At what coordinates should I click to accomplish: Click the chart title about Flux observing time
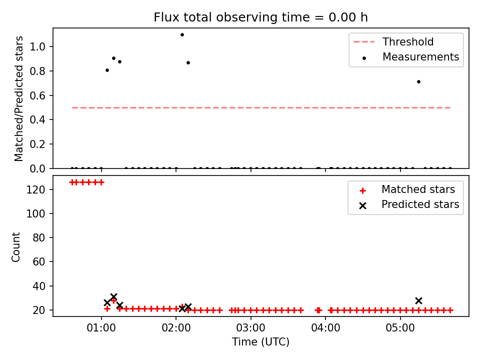(260, 17)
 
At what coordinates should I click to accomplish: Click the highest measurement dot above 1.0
(182, 35)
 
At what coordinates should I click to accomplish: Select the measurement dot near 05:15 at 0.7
(419, 81)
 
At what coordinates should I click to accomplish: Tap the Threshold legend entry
(393, 41)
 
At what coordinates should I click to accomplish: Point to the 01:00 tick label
(101, 328)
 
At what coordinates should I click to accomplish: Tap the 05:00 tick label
(400, 328)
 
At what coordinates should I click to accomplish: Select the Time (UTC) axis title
(260, 342)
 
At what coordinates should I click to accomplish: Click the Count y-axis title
(15, 247)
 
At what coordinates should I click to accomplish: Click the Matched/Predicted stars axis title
(18, 98)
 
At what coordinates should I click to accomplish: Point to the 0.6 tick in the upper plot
(37, 95)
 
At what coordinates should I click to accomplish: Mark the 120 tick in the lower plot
(35, 189)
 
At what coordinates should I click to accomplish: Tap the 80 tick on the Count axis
(39, 237)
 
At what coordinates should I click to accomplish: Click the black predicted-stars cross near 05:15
(419, 300)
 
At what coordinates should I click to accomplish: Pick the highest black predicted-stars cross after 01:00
(113, 296)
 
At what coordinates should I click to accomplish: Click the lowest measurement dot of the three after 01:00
(107, 70)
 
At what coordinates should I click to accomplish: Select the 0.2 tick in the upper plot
(37, 144)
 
